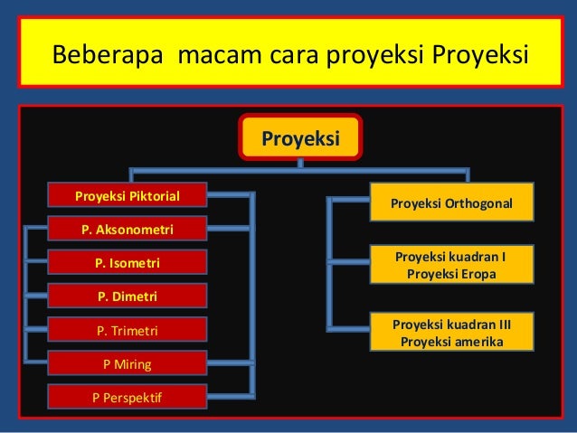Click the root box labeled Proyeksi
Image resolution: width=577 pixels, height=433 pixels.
(300, 138)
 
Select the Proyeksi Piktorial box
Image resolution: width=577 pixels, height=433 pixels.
(128, 195)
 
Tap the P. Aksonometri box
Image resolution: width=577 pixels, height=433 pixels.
(128, 230)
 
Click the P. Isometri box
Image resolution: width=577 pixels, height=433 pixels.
(128, 263)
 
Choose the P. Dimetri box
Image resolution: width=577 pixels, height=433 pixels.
(128, 297)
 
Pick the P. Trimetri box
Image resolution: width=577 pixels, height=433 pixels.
(128, 331)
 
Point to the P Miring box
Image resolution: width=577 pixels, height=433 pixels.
(128, 364)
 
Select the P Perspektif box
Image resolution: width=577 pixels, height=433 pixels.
(128, 398)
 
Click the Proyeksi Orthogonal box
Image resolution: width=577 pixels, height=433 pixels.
(451, 203)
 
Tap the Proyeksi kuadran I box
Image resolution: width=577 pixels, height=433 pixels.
(451, 265)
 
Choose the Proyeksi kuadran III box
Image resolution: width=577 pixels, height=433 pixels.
(451, 333)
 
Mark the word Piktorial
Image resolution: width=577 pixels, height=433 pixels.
(154, 195)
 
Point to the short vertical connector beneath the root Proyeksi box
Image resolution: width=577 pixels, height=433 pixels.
(300, 164)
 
